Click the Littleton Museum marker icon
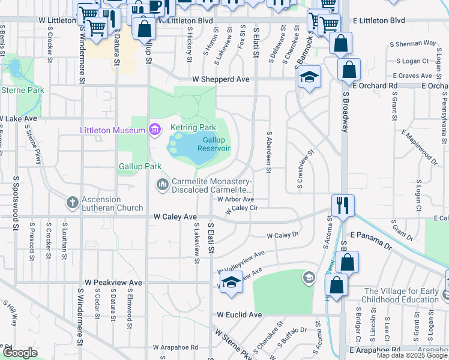pos(155,130)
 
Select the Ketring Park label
pos(193,128)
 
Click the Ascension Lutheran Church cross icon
pos(73,202)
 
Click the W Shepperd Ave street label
pos(220,79)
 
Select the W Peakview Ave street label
pos(113,282)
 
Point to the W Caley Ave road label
pos(175,216)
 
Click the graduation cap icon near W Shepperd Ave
pos(310,77)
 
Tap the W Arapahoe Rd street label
pos(175,347)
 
